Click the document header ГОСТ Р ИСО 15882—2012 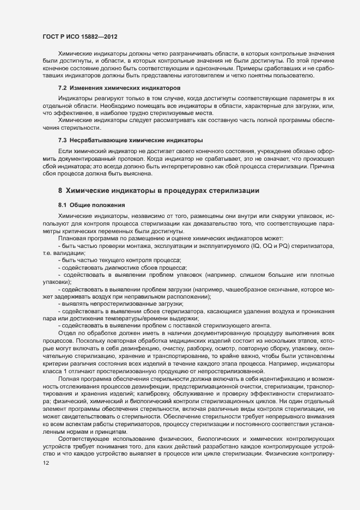[x=81, y=37]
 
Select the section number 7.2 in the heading [x=62, y=88]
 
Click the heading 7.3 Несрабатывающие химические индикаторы [x=130, y=141]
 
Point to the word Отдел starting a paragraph [x=67, y=332]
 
